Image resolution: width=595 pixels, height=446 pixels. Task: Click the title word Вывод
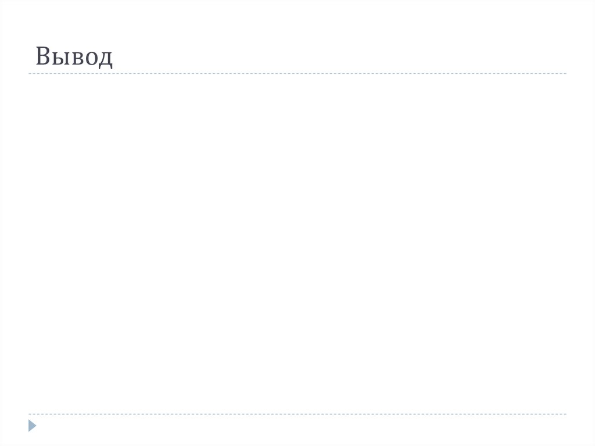point(74,57)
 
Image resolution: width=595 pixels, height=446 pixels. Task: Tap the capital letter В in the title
point(43,56)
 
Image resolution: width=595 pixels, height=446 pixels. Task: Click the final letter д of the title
point(105,59)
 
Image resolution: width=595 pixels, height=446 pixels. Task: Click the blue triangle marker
point(31,426)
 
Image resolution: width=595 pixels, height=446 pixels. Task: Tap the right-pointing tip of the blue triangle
point(36,426)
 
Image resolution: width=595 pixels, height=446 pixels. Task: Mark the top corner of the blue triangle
point(28,420)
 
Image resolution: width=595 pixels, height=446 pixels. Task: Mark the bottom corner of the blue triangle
point(28,431)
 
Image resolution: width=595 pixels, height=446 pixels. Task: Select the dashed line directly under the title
point(297,74)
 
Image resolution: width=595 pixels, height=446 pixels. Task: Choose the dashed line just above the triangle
point(297,414)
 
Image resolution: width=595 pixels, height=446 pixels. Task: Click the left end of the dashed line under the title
point(29,74)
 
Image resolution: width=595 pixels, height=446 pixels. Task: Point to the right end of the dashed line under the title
point(565,74)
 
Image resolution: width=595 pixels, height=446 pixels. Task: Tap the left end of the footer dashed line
point(29,414)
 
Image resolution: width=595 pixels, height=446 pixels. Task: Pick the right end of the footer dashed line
point(565,414)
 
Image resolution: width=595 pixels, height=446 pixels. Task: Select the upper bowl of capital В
point(45,52)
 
